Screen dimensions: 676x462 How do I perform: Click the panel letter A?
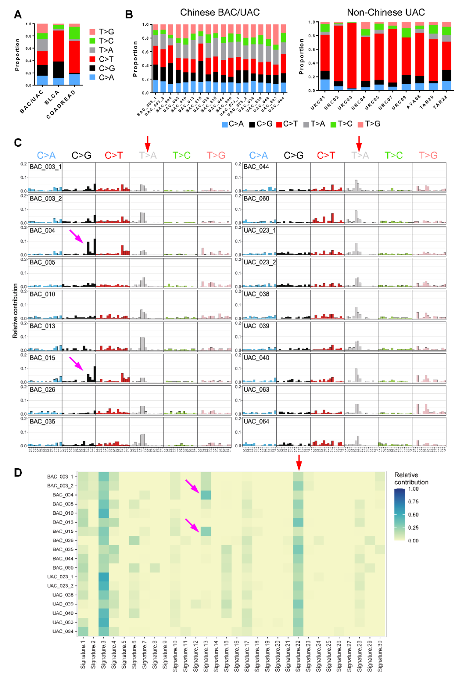18,15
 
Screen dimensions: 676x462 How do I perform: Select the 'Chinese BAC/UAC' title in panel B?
220,12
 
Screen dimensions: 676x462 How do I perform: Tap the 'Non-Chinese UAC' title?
385,12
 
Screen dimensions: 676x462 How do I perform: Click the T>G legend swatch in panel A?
92,32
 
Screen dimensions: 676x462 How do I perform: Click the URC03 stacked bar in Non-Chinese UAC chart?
352,56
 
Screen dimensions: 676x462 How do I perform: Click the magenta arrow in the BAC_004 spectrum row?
77,236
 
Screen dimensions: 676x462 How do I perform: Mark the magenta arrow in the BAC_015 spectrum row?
77,363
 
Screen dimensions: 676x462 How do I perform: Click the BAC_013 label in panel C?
42,326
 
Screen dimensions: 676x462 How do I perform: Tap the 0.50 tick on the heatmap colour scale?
413,515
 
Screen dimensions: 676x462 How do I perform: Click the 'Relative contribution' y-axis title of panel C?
15,311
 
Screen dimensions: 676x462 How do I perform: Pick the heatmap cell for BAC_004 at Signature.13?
206,495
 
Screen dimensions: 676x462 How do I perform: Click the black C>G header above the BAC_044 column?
293,155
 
